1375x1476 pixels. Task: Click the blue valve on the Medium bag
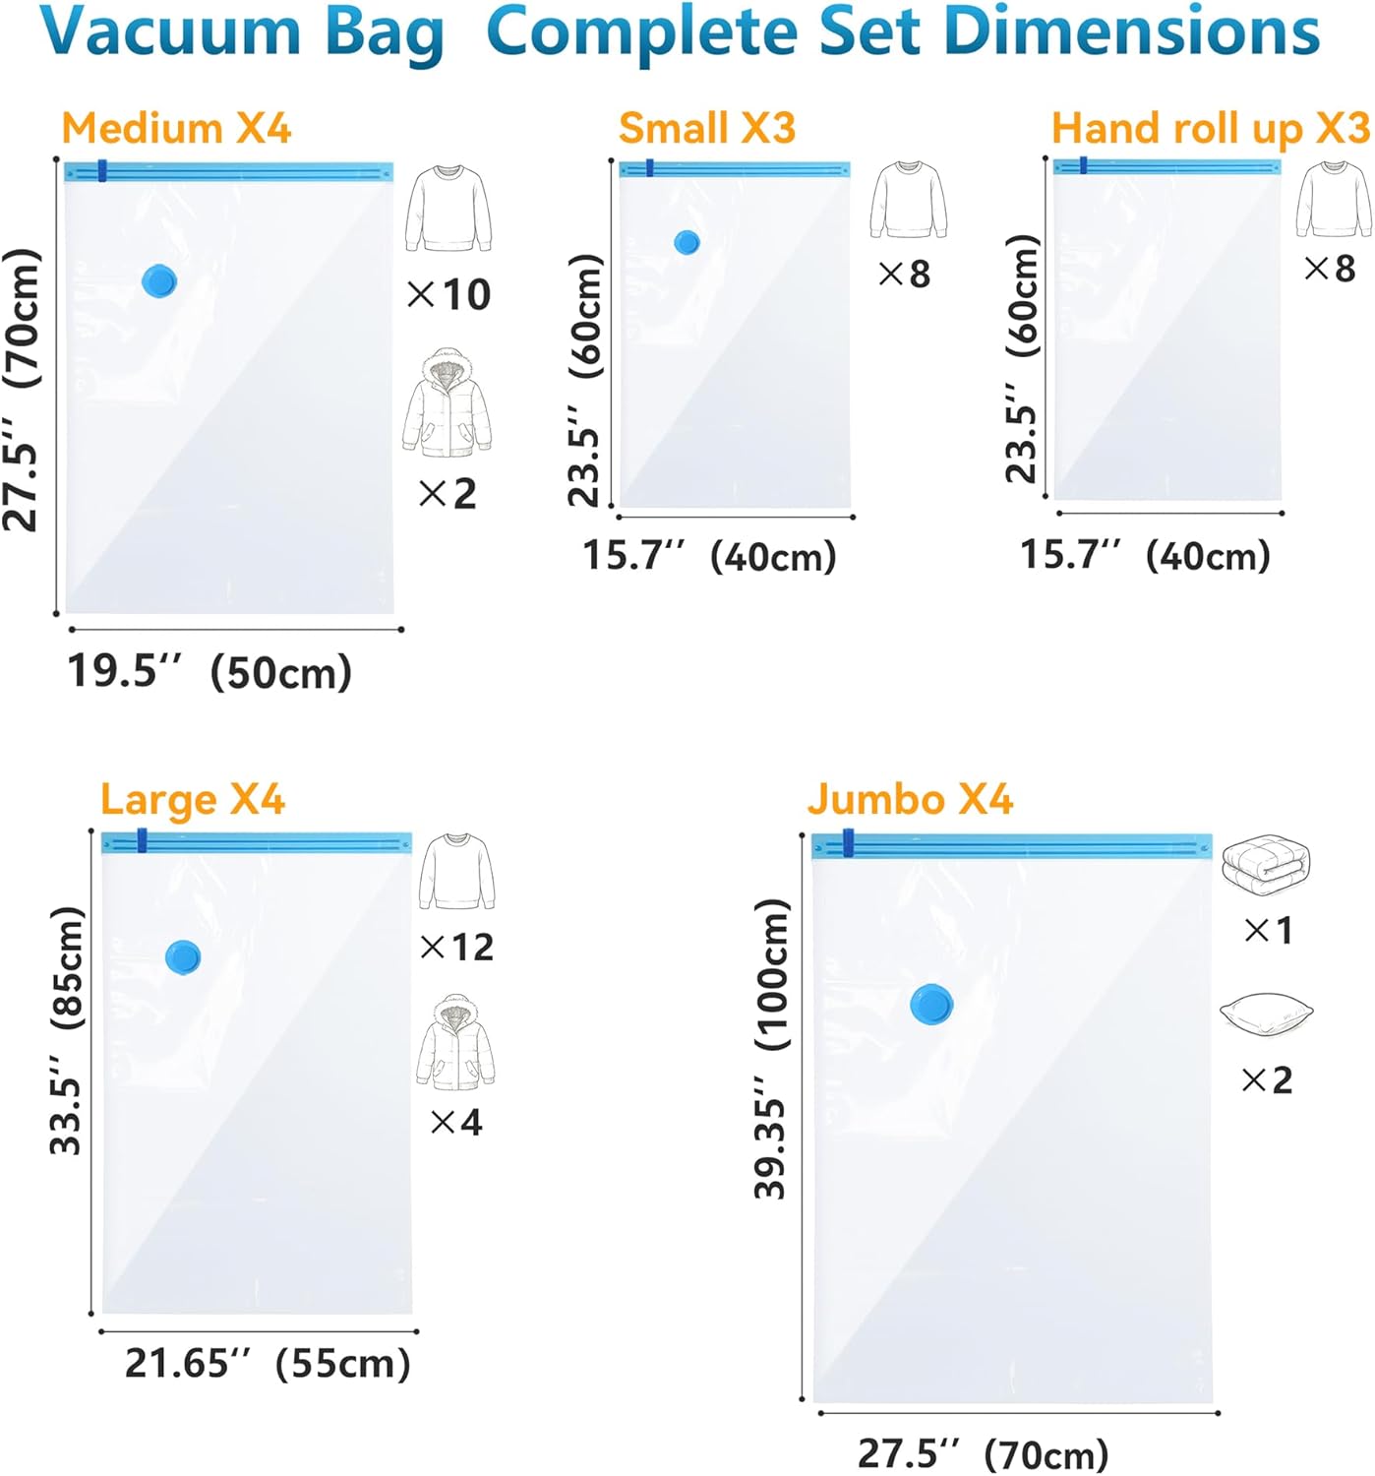[158, 281]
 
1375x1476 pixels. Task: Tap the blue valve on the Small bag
[687, 242]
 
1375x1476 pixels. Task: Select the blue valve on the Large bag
[183, 956]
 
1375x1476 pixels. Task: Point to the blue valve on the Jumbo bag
[931, 1004]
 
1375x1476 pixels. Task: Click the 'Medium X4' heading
[176, 129]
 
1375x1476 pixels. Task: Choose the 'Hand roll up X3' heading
[1210, 129]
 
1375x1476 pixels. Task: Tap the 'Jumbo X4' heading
[910, 799]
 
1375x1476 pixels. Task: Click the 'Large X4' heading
[193, 800]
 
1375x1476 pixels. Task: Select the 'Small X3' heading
[706, 129]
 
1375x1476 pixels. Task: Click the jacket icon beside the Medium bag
[447, 403]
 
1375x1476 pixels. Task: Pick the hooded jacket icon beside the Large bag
[455, 1043]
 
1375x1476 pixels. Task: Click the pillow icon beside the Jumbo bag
[1266, 1015]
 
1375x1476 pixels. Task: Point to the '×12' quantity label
[457, 947]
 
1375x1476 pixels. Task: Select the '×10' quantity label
[448, 294]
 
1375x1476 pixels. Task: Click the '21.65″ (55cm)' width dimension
[267, 1364]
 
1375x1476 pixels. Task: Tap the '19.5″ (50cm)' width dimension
[209, 672]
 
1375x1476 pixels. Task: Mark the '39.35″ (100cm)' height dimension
[772, 1049]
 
